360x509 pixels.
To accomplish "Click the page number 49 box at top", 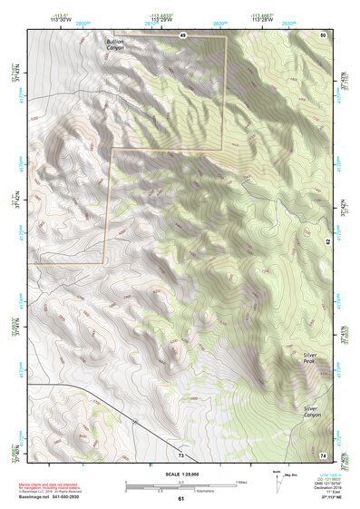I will click(182, 34).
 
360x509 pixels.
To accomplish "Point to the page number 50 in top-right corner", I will click(323, 34).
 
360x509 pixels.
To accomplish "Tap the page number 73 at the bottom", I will click(181, 455).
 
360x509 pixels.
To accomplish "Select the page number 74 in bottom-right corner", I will click(323, 455).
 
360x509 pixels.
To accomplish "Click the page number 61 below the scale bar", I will click(180, 498).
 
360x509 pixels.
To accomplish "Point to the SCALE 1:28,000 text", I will click(180, 474).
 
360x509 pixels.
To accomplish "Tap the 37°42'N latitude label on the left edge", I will click(15, 201).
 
